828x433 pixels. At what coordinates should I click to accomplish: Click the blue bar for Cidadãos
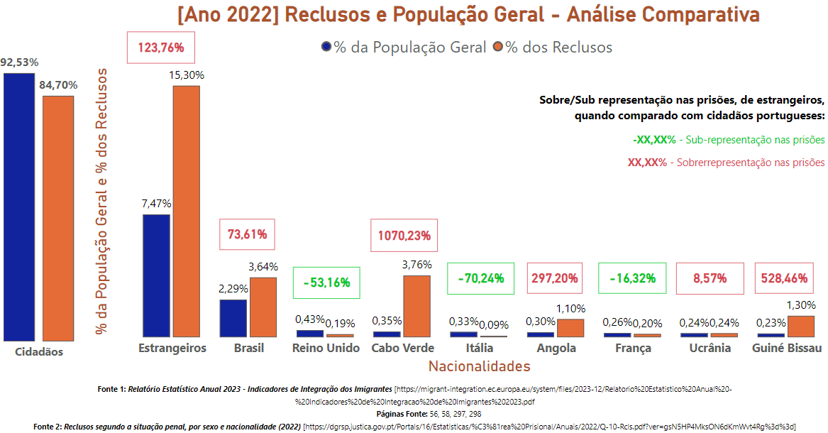(18, 207)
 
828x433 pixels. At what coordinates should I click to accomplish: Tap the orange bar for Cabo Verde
(416, 306)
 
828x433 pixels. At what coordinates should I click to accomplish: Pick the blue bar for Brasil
(233, 318)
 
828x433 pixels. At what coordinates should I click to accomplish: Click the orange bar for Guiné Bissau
(801, 326)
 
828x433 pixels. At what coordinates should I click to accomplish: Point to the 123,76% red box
(161, 48)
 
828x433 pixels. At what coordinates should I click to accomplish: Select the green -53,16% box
(326, 283)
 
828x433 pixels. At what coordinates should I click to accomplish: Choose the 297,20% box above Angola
(556, 278)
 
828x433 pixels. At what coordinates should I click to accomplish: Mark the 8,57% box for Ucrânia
(710, 278)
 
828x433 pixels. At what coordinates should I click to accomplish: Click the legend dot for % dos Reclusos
(498, 47)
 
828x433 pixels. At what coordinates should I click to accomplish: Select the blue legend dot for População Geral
(326, 47)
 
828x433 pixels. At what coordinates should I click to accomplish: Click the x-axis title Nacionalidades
(479, 366)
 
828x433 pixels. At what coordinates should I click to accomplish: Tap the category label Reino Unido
(326, 348)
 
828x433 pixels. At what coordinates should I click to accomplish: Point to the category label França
(634, 348)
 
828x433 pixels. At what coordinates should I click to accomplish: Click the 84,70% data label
(58, 85)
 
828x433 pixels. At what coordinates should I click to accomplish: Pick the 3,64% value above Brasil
(263, 267)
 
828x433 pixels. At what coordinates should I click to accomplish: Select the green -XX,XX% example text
(653, 140)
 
